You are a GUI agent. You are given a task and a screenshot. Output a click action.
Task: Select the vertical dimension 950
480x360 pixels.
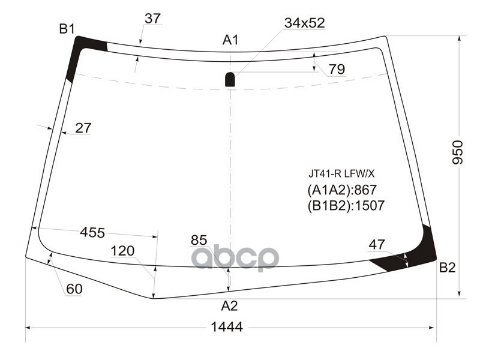[x=458, y=152]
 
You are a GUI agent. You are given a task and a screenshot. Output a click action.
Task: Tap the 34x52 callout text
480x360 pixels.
[x=304, y=23]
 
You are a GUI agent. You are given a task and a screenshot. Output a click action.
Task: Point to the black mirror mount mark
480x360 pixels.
[x=230, y=79]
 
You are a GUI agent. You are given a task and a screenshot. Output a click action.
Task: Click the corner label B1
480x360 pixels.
[x=66, y=28]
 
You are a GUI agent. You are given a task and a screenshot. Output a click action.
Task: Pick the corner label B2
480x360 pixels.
[x=447, y=268]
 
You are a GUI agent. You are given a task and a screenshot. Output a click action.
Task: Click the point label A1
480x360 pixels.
[x=230, y=40]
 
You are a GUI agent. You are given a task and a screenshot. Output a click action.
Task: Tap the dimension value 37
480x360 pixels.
[x=152, y=19]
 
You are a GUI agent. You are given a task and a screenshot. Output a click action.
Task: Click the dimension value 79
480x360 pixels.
[x=337, y=70]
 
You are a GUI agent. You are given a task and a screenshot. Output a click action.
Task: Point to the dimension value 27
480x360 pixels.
[x=83, y=128]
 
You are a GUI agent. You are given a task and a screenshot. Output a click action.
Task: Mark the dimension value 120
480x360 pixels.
[x=122, y=251]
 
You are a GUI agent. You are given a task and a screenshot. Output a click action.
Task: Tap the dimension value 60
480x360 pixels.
[x=74, y=289]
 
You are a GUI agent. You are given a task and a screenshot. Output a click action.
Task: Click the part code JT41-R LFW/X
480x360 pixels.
[x=341, y=174]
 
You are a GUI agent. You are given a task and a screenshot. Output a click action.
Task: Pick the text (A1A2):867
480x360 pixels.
[x=341, y=191]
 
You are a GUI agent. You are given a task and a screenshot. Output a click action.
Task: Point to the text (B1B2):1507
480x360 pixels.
[x=345, y=206]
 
